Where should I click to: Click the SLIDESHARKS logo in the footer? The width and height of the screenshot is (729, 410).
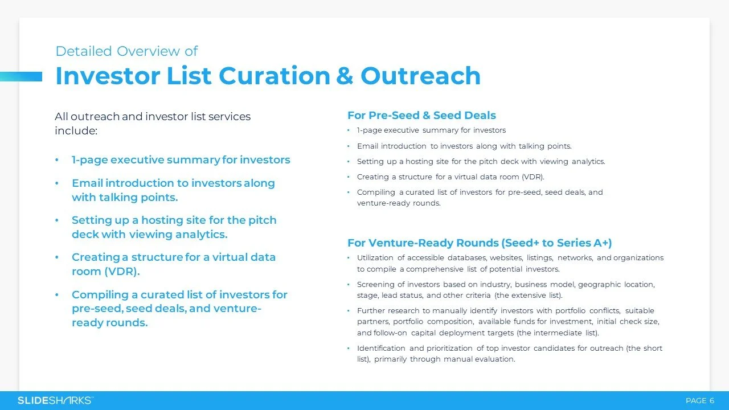pos(55,400)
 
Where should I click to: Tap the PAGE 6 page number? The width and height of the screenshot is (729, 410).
pos(699,401)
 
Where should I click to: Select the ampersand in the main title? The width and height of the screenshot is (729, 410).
pos(345,76)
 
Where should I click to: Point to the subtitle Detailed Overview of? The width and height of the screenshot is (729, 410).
pos(126,51)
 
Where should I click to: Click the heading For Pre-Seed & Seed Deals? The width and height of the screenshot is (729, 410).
pos(421,116)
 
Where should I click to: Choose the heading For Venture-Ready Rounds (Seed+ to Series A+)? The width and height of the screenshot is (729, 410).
pos(480,243)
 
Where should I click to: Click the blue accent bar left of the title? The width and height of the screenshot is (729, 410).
pos(21,76)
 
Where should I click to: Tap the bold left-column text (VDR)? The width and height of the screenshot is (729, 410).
pos(121,272)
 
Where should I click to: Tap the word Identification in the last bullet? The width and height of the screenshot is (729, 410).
pos(381,348)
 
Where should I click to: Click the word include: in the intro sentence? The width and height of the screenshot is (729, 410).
pos(76,131)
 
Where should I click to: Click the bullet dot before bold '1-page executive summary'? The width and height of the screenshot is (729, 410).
pos(57,161)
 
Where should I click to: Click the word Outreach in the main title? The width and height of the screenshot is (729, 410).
pos(420,76)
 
